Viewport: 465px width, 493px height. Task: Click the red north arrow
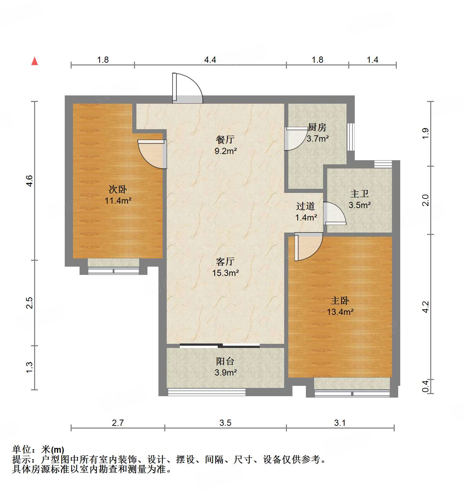coord(34,61)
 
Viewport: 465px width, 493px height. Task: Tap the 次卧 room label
coord(118,189)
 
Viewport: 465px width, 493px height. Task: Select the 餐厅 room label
coord(225,140)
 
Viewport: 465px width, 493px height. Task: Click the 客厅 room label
coord(225,262)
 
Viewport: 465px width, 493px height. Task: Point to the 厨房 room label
coord(317,127)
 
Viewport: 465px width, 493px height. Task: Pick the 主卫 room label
coord(359,194)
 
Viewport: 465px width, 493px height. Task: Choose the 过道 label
coord(306,206)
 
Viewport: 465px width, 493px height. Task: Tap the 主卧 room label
coord(340,301)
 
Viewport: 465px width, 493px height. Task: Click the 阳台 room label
coord(225,361)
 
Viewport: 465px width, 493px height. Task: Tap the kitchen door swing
coord(295,138)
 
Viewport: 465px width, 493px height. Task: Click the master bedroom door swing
coord(308,246)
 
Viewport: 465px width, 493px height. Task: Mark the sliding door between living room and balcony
coord(220,346)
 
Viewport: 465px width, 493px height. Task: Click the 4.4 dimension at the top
coord(210,60)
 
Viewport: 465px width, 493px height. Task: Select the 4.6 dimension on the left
coord(30,181)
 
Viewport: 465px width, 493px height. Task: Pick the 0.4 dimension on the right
coord(426,386)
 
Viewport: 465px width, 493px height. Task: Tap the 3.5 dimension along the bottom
coord(225,423)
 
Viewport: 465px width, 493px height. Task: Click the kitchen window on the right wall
coord(351,137)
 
